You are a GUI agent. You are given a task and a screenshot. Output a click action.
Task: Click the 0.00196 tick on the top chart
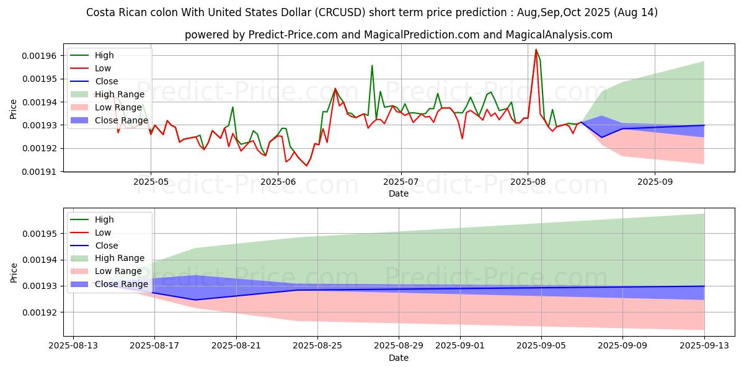point(38,56)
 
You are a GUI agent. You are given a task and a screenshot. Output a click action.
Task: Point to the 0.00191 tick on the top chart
point(38,172)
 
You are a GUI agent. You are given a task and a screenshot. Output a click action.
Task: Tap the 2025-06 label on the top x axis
point(278,182)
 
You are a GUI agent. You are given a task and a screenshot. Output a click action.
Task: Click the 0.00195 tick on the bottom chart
point(38,234)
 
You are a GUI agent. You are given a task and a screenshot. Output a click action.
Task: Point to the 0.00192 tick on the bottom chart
point(38,312)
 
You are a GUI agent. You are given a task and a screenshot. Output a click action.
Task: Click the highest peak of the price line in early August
point(536,50)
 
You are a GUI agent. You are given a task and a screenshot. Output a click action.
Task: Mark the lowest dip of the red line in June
point(306,166)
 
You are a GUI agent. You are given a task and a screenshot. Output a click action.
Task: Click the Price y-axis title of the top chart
point(14,110)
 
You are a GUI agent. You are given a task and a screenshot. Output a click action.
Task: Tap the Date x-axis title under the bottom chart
point(398,358)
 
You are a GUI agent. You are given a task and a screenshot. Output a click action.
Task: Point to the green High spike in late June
point(372,65)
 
